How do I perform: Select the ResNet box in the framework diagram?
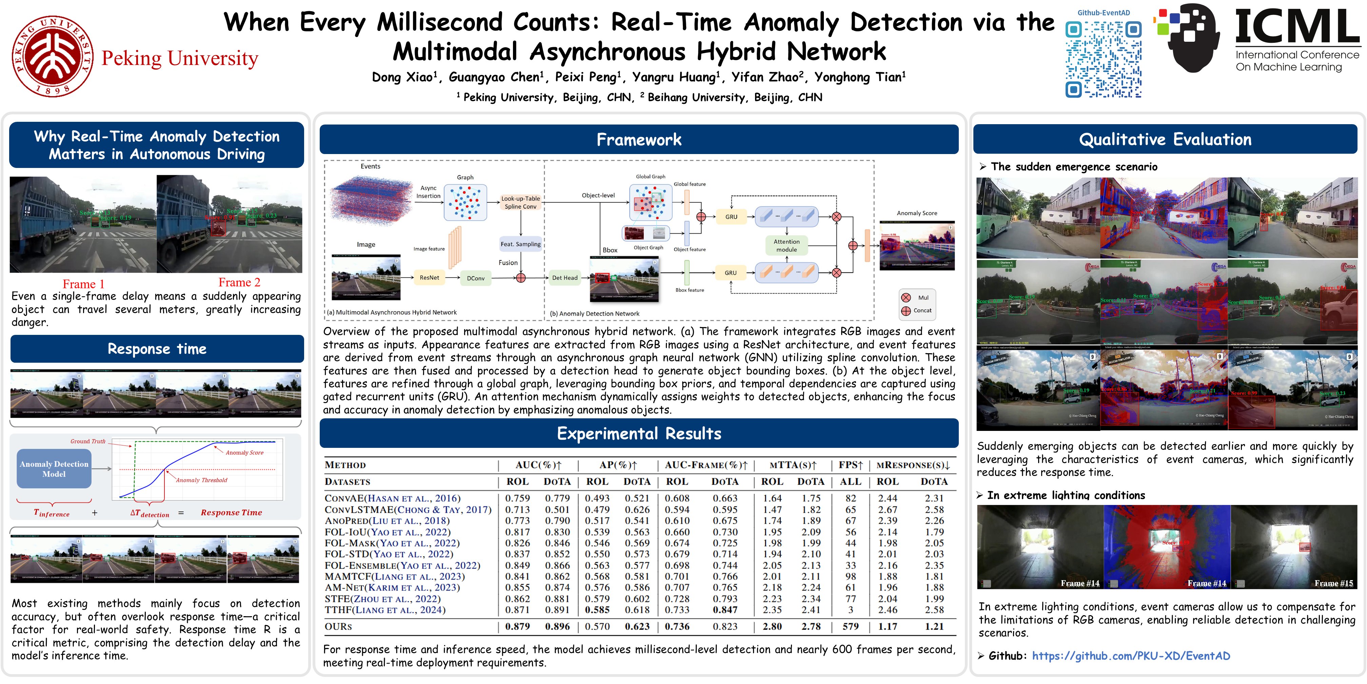(x=429, y=278)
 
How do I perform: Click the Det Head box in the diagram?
(x=564, y=278)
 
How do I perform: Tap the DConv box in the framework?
(x=475, y=278)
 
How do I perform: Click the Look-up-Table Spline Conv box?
(x=520, y=202)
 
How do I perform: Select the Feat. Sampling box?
(x=520, y=244)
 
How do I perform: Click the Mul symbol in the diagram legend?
(x=906, y=298)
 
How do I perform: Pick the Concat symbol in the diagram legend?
(x=906, y=311)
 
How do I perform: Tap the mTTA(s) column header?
(x=793, y=465)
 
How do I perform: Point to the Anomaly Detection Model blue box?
(x=54, y=469)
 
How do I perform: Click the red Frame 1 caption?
(x=83, y=284)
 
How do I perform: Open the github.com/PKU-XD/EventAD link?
(x=1130, y=656)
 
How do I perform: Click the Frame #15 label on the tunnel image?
(x=1333, y=583)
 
